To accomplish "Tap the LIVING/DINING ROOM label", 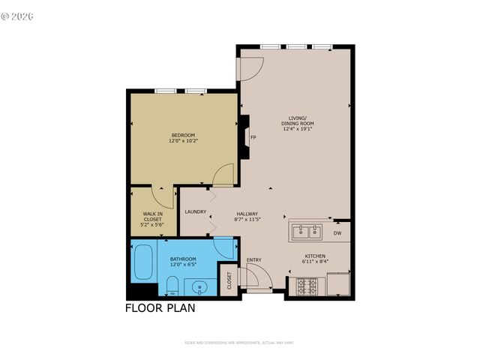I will pyautogui.click(x=298, y=121).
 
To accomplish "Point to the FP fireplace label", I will pyautogui.click(x=253, y=137).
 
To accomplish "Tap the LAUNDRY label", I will pyautogui.click(x=195, y=212).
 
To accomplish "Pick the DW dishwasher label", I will pyautogui.click(x=337, y=233).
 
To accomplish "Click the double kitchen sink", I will pyautogui.click(x=307, y=232).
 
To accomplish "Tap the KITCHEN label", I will pyautogui.click(x=314, y=256).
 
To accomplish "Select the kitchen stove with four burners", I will pyautogui.click(x=307, y=286).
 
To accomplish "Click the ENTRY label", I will pyautogui.click(x=253, y=260).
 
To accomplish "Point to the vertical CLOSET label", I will pyautogui.click(x=229, y=280).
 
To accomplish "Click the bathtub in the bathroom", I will pyautogui.click(x=142, y=262).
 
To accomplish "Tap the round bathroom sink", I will pyautogui.click(x=199, y=286).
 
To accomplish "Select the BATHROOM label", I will pyautogui.click(x=182, y=259).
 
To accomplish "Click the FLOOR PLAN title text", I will pyautogui.click(x=159, y=307).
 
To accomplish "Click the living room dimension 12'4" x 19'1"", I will pyautogui.click(x=298, y=128).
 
